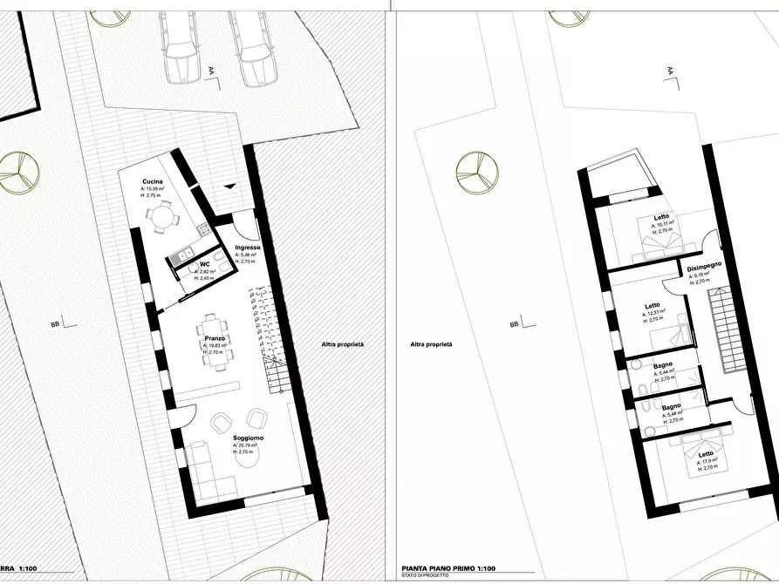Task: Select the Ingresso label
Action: click(247, 248)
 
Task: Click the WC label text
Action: click(205, 263)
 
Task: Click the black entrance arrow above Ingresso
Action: click(228, 186)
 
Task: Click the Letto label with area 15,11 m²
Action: click(662, 217)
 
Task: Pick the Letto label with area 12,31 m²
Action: click(653, 305)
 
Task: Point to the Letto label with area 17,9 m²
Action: click(705, 454)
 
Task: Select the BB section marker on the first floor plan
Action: click(514, 323)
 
